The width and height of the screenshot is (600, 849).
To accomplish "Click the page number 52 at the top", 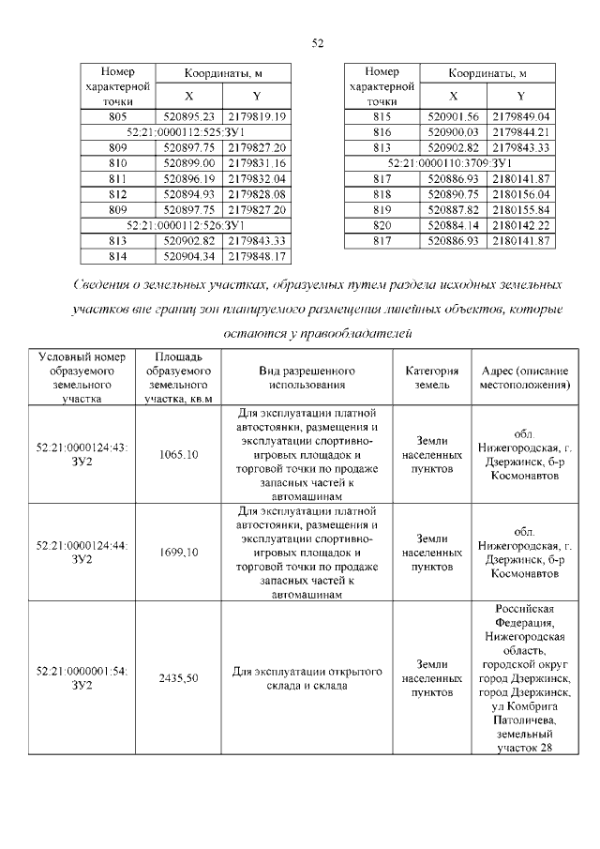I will (317, 43).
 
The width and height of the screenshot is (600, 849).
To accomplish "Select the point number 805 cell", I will (117, 116).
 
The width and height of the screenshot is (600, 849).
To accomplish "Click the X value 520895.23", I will (189, 116).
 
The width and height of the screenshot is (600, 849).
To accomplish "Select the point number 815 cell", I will (382, 116).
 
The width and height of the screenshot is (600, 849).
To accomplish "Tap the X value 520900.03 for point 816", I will (454, 132).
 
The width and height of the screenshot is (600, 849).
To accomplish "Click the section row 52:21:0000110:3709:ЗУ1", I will (449, 163).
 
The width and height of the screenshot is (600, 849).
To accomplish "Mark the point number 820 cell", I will (382, 226).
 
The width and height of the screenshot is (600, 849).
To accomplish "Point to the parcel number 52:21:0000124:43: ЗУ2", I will (82, 455).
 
